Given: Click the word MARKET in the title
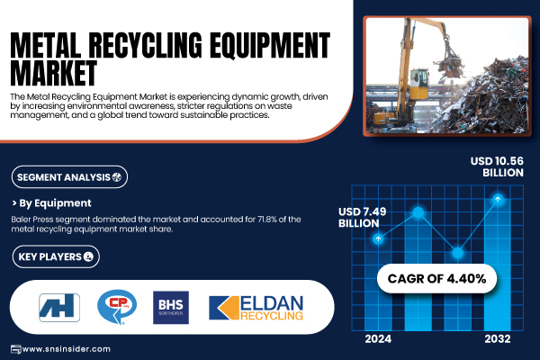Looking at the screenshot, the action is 54,72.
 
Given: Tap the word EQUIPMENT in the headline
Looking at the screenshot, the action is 270,45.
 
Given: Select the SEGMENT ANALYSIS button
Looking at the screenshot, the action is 69,177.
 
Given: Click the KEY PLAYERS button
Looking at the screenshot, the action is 56,256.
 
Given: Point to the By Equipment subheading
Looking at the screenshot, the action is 51,203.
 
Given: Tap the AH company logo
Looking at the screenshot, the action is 59,308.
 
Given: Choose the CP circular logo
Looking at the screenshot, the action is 117,307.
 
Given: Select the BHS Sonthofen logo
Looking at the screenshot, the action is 171,308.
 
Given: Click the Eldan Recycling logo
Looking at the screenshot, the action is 256,308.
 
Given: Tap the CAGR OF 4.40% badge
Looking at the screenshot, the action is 436,279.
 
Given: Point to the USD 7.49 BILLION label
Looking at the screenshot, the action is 363,218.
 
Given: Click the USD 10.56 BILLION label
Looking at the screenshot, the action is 497,166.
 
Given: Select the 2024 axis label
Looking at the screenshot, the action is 378,339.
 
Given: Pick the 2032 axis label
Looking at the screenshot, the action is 498,339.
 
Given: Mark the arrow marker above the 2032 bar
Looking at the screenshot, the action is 498,199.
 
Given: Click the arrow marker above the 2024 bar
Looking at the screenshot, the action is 378,238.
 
